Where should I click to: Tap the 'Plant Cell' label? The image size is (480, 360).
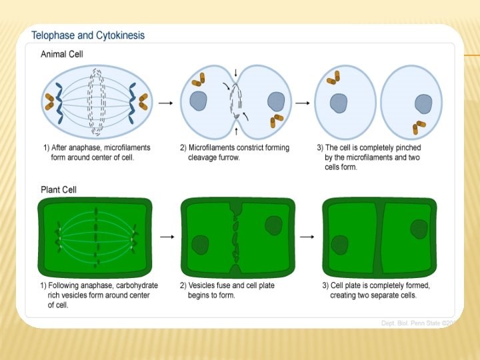tap(59, 190)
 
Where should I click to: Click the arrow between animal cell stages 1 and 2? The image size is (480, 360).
tap(167, 103)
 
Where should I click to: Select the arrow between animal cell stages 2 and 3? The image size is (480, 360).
tap(302, 103)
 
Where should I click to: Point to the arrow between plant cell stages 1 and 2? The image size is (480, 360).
tap(167, 237)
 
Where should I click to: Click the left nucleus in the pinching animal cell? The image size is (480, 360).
tap(198, 101)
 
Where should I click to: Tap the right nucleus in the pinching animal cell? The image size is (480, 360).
tap(277, 102)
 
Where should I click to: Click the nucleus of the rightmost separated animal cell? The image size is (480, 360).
tap(423, 104)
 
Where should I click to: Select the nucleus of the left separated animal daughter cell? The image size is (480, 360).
tap(339, 103)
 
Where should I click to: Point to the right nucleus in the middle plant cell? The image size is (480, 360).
tap(273, 225)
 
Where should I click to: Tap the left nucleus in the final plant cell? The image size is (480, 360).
tap(340, 245)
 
